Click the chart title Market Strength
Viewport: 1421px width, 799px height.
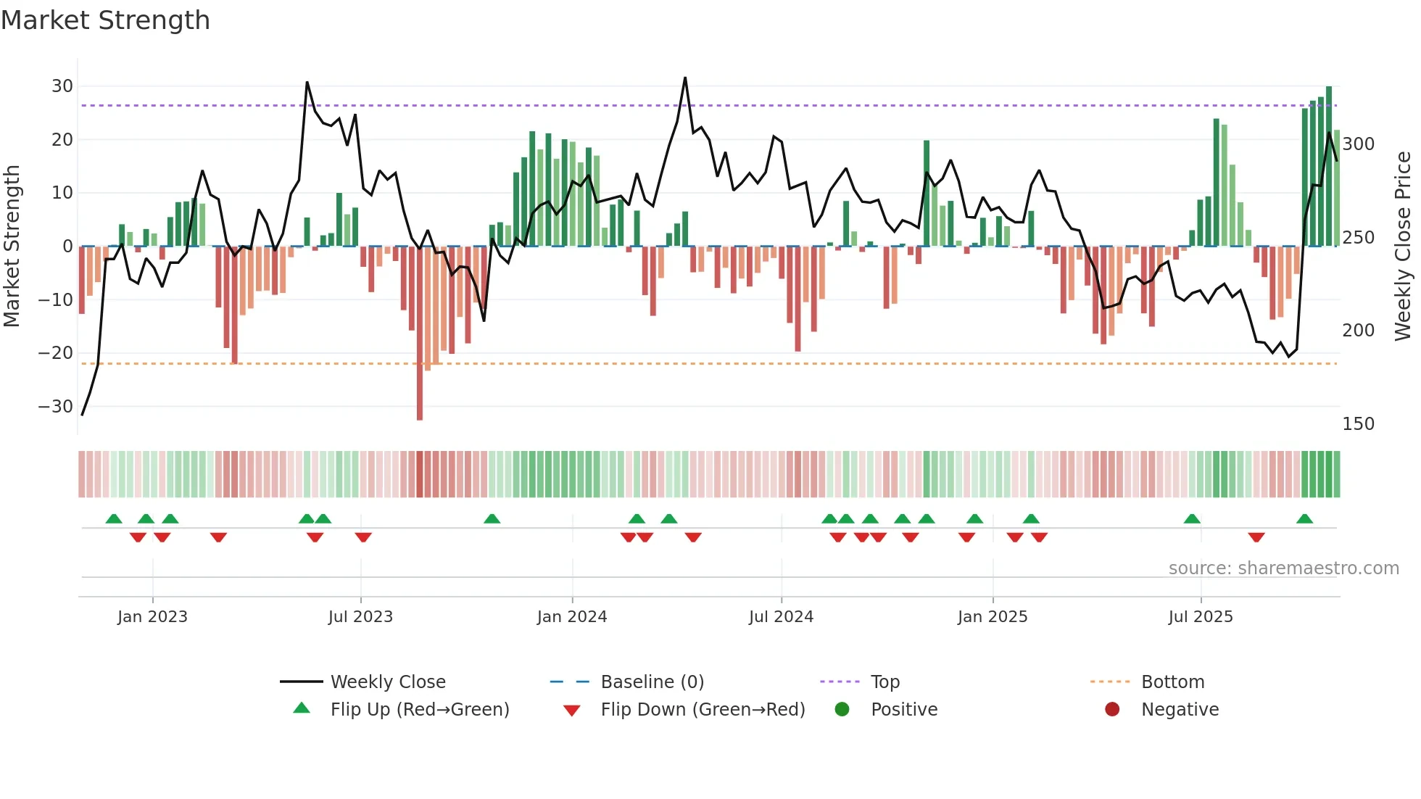point(105,20)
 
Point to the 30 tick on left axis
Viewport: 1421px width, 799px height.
point(62,86)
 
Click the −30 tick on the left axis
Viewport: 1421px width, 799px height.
point(56,407)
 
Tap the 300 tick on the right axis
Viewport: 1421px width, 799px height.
point(1358,144)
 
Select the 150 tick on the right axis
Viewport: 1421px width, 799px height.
point(1358,424)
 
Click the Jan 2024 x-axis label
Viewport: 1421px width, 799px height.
point(571,617)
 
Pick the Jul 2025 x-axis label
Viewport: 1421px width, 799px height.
point(1200,617)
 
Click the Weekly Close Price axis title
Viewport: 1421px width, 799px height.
point(1403,247)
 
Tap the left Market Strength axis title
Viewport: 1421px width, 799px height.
point(12,247)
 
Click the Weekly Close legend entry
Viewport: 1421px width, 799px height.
point(387,682)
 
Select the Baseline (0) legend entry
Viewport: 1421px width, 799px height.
point(652,682)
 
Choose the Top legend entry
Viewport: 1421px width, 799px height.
point(884,682)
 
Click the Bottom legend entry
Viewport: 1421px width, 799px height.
point(1172,682)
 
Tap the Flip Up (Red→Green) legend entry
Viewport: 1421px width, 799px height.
point(419,710)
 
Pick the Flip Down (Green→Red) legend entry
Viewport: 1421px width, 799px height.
point(702,710)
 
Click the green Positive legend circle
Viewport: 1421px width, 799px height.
point(842,709)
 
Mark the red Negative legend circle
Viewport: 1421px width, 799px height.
point(1112,709)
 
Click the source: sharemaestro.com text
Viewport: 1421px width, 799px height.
point(1283,568)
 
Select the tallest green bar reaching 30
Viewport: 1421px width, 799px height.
point(1329,167)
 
